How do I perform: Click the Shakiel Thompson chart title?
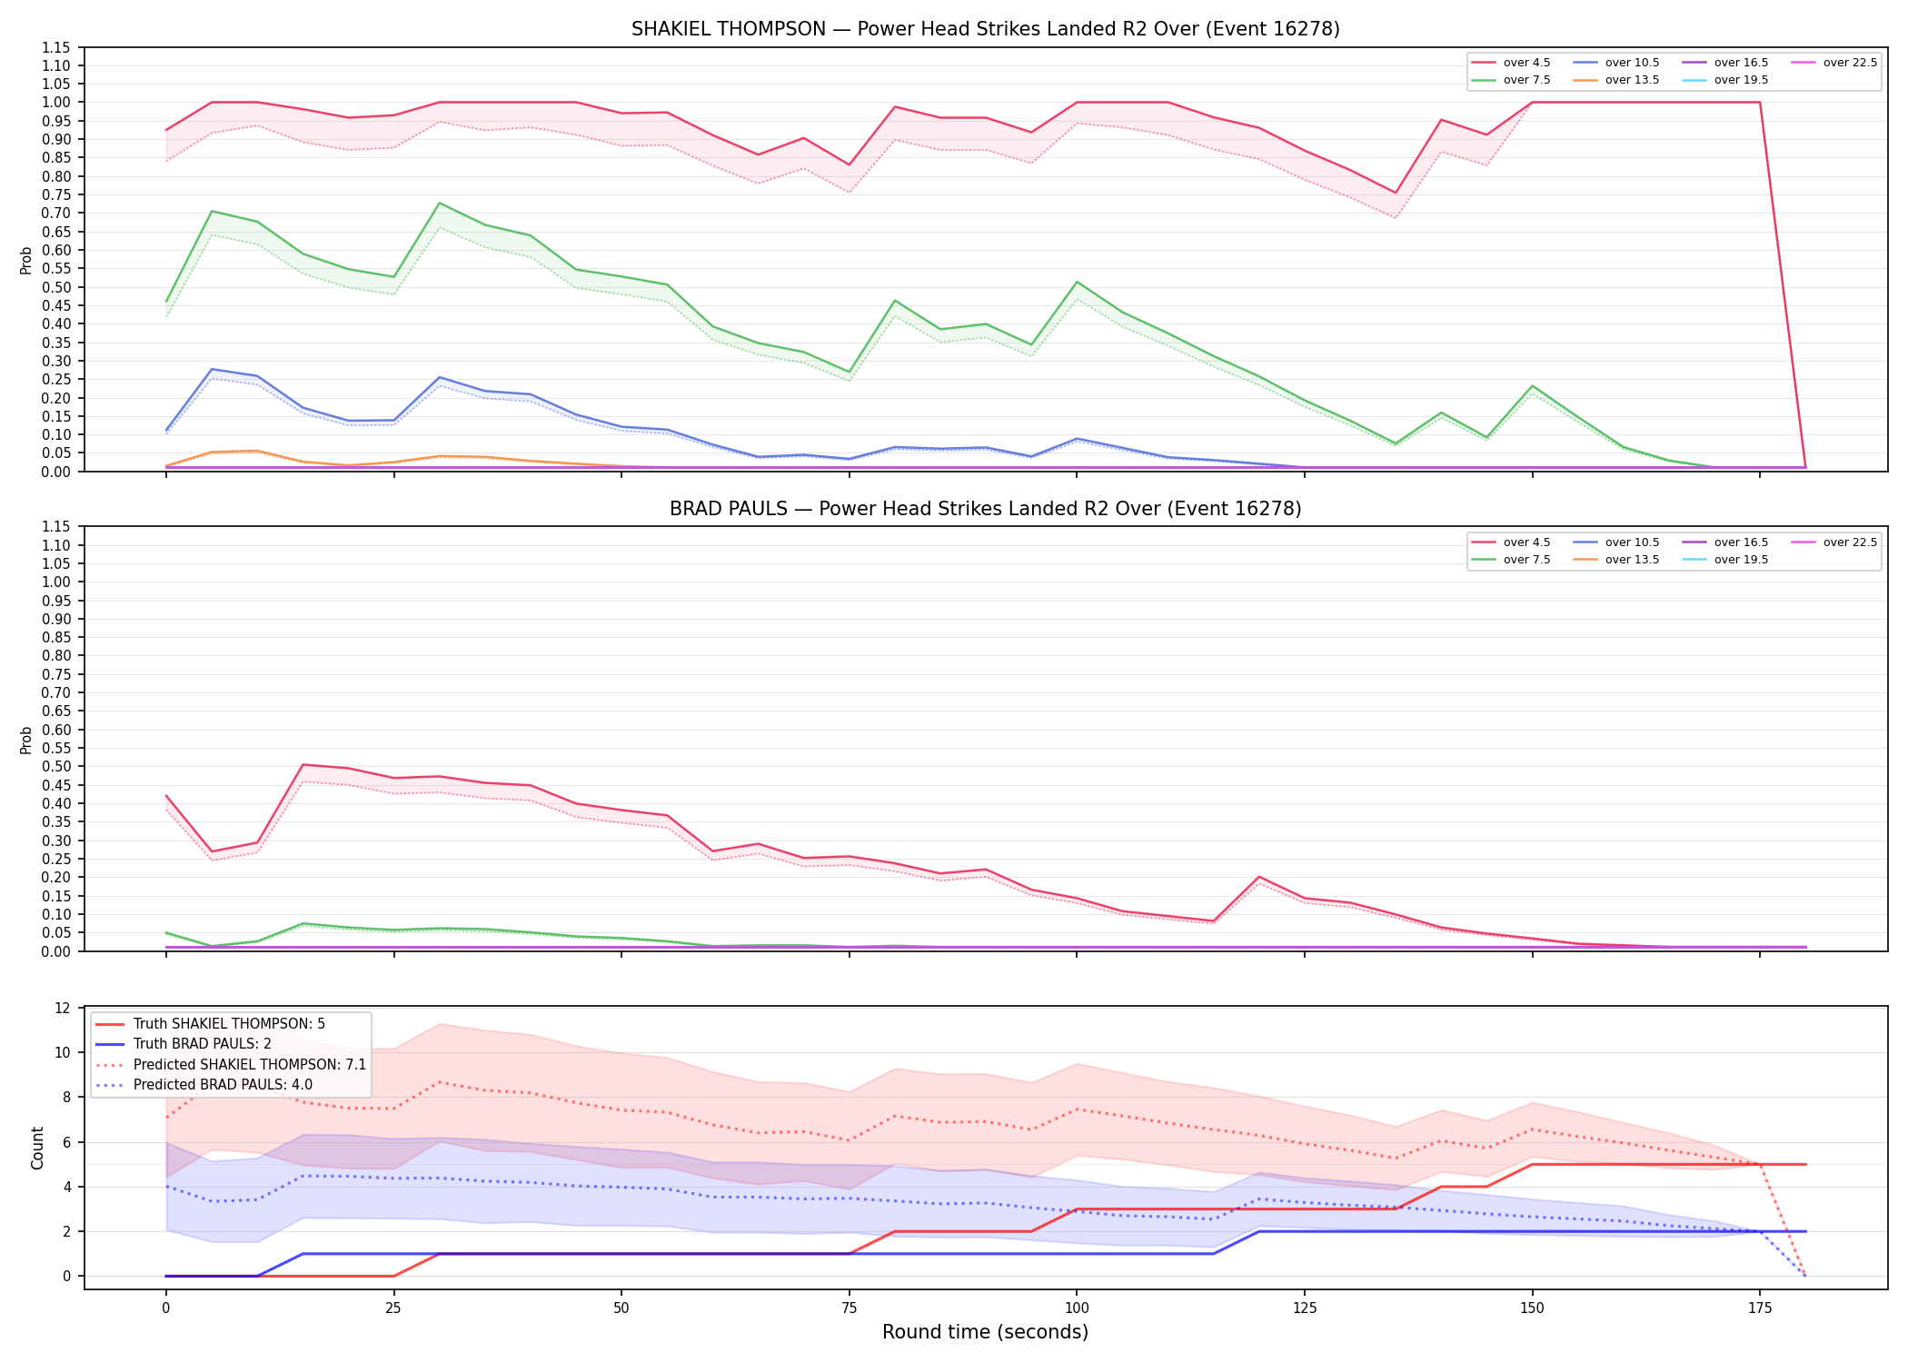pyautogui.click(x=985, y=29)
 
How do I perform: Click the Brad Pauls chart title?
pyautogui.click(x=985, y=509)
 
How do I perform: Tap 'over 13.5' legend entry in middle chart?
pyautogui.click(x=1616, y=560)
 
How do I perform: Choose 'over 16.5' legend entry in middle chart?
pyautogui.click(x=1725, y=542)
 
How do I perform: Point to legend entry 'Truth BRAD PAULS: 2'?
pyautogui.click(x=184, y=1044)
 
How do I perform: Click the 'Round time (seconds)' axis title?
pyautogui.click(x=985, y=1332)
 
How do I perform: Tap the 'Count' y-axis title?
pyautogui.click(x=37, y=1148)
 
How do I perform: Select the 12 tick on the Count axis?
pyautogui.click(x=63, y=1008)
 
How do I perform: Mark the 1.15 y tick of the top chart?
pyautogui.click(x=56, y=47)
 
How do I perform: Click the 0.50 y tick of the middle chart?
pyautogui.click(x=56, y=767)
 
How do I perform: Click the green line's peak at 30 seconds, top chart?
pyautogui.click(x=439, y=203)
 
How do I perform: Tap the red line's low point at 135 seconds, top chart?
pyautogui.click(x=1395, y=193)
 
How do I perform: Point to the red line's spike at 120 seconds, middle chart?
pyautogui.click(x=1258, y=877)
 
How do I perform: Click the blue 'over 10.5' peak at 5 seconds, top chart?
pyautogui.click(x=212, y=369)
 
